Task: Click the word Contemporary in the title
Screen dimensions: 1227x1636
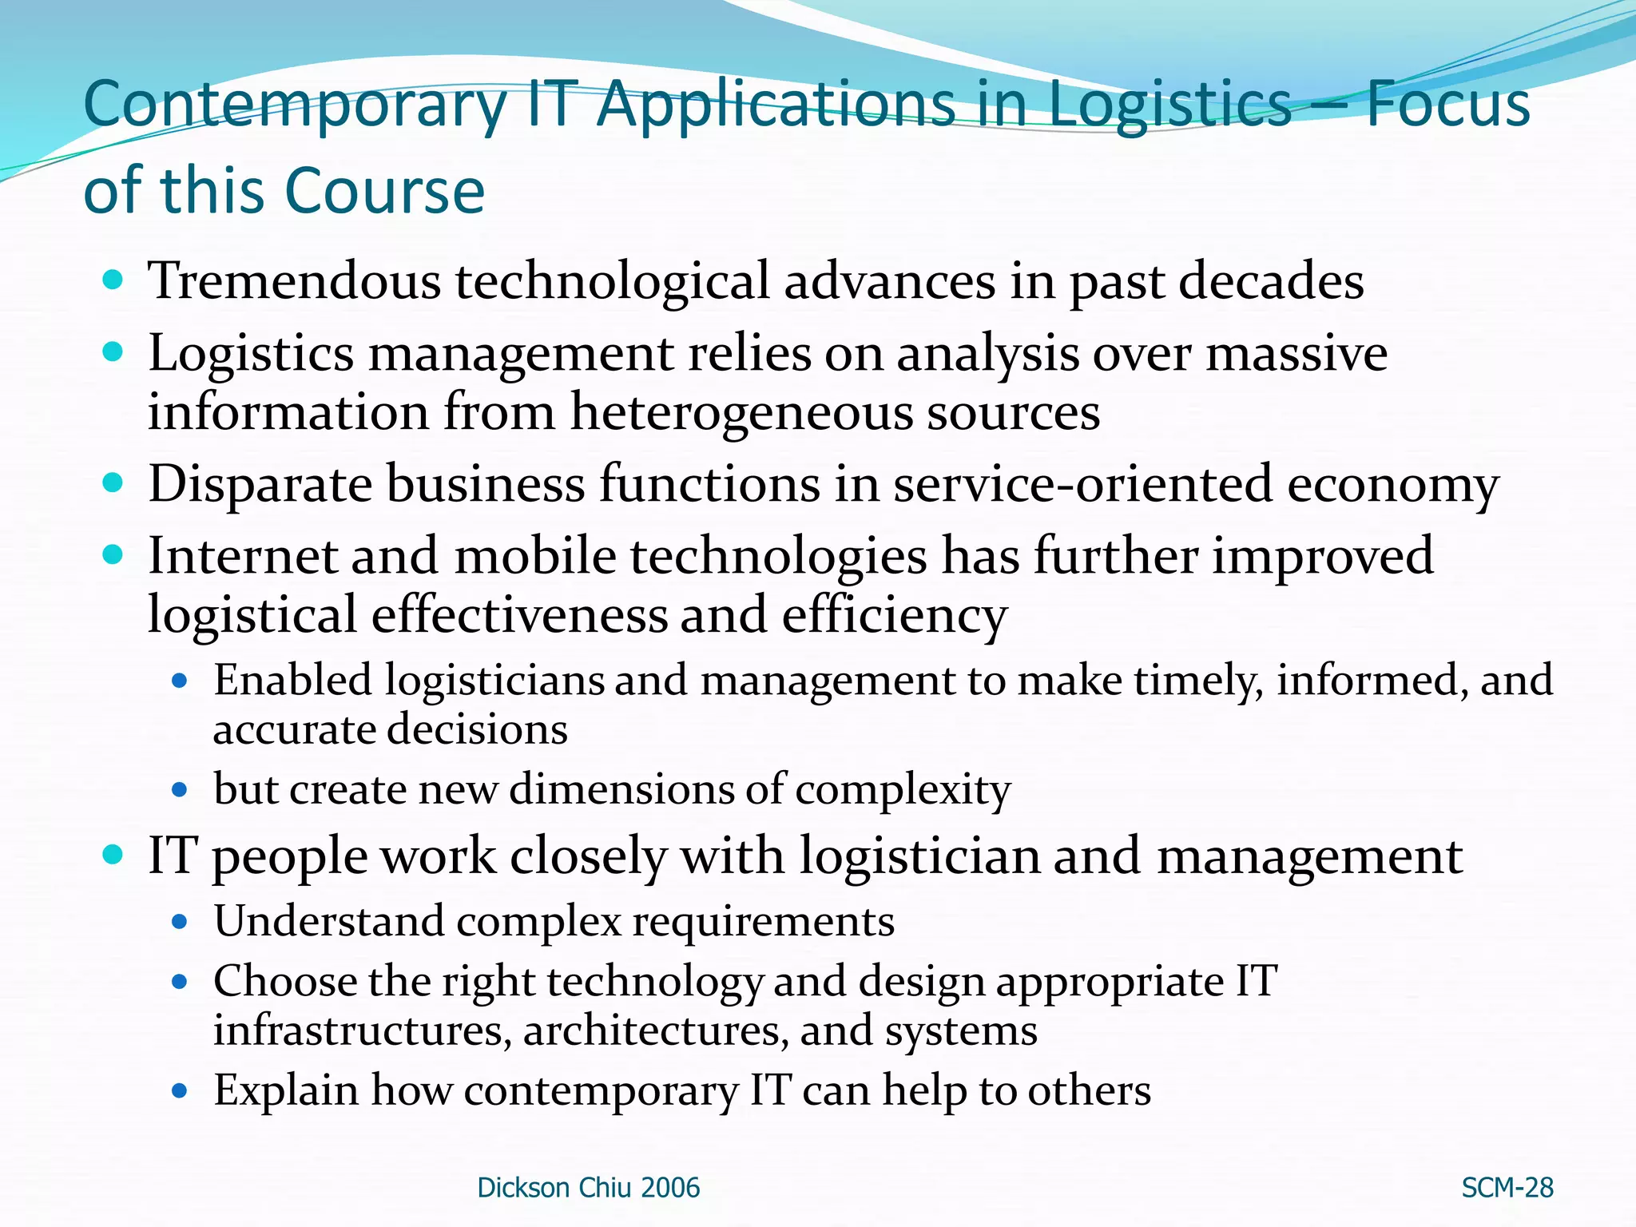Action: pyautogui.click(x=296, y=106)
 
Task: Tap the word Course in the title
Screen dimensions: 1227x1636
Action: pyautogui.click(x=384, y=191)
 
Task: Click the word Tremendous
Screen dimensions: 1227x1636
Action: pyautogui.click(x=294, y=281)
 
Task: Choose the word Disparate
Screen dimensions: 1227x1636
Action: pyautogui.click(x=260, y=484)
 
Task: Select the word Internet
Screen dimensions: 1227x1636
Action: pyautogui.click(x=242, y=556)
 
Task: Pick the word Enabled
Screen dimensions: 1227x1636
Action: pyautogui.click(x=292, y=681)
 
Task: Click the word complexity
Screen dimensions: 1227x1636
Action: pyautogui.click(x=903, y=790)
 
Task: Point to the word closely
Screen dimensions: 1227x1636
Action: pyautogui.click(x=587, y=856)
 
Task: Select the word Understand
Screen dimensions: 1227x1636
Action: pyautogui.click(x=328, y=922)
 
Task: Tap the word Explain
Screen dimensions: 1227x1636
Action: pyautogui.click(x=285, y=1090)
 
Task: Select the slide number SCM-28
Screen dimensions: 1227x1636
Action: pyautogui.click(x=1507, y=1188)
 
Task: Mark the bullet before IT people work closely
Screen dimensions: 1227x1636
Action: pyautogui.click(x=113, y=855)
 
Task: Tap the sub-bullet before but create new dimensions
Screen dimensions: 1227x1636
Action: pyautogui.click(x=180, y=791)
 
